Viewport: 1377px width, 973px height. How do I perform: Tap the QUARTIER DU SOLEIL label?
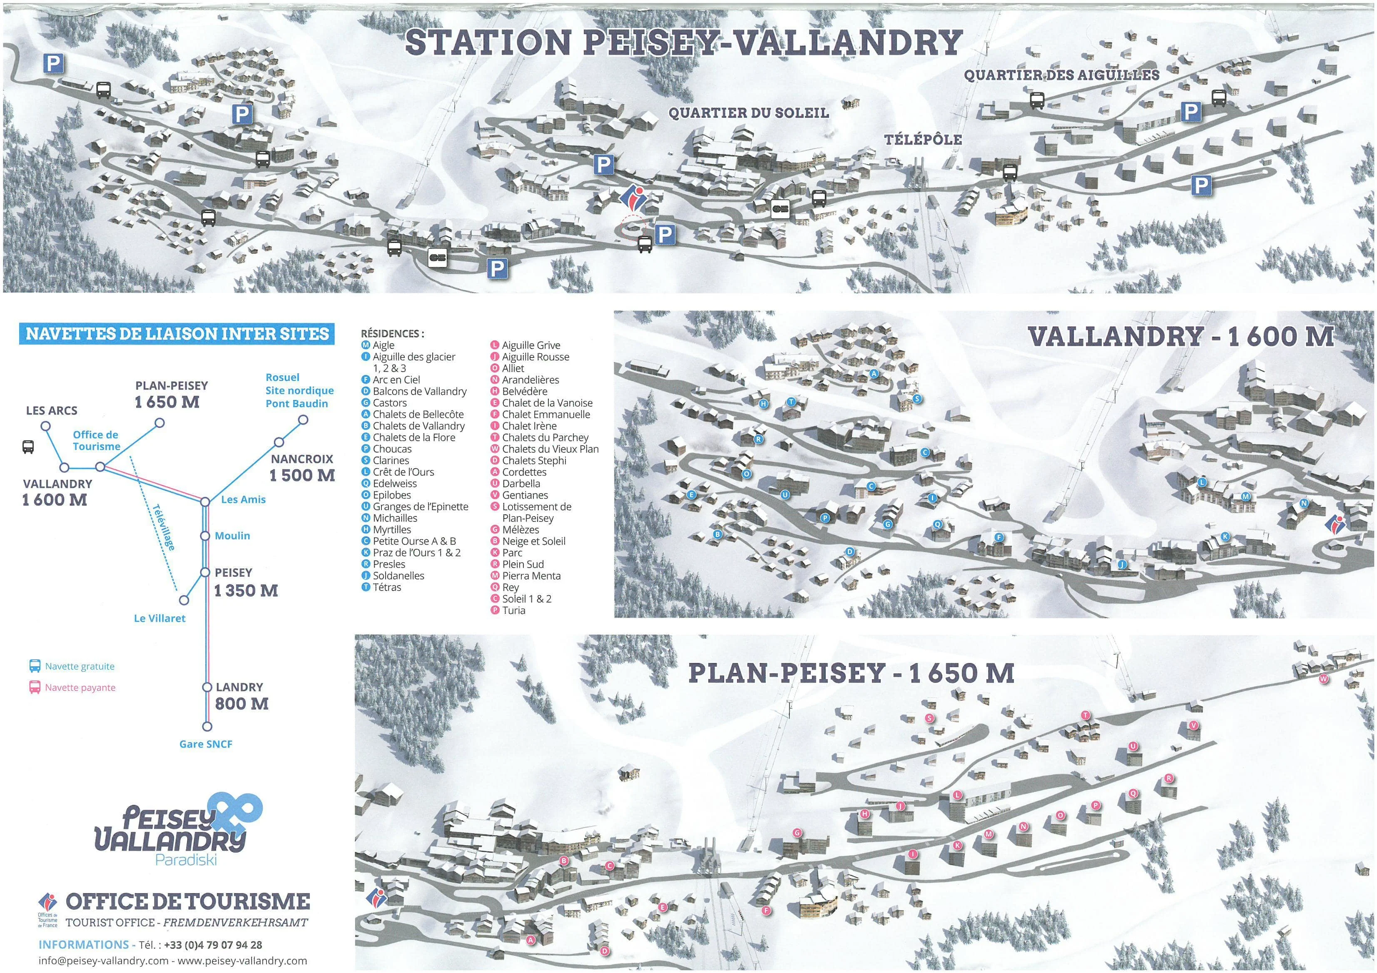click(749, 113)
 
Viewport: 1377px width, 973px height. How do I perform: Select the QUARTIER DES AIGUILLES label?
click(1061, 75)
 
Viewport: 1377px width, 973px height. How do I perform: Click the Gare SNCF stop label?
click(206, 744)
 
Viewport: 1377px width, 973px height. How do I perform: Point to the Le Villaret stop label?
click(159, 618)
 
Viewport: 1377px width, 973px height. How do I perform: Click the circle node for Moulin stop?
click(205, 536)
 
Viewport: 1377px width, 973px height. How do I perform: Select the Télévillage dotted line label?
click(163, 527)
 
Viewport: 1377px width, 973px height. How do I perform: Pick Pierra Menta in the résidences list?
click(531, 576)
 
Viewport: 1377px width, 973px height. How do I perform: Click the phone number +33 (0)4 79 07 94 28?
click(213, 945)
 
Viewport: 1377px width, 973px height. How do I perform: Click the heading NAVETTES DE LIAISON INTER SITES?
click(177, 334)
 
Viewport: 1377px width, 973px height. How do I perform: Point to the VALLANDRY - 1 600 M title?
click(1180, 336)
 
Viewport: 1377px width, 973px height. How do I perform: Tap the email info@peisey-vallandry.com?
click(103, 961)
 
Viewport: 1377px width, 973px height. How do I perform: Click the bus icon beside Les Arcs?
click(27, 447)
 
